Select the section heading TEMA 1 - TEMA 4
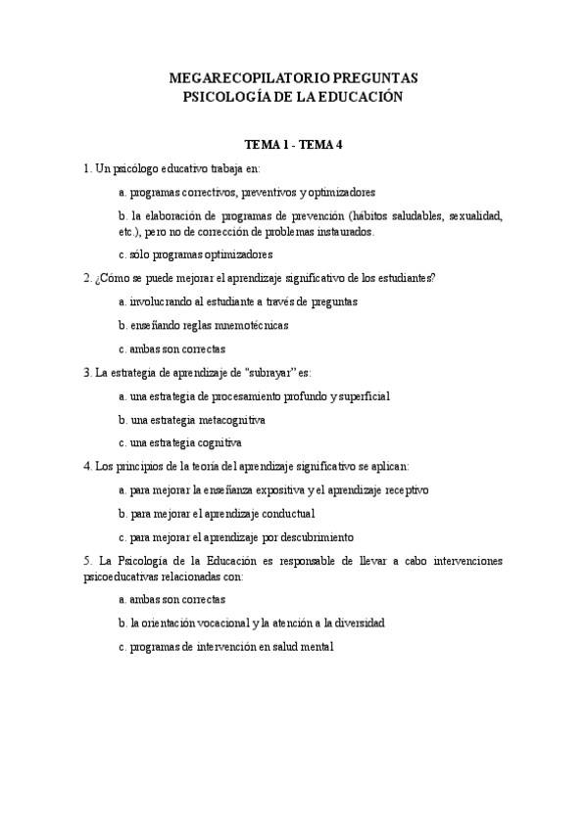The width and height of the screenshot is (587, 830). click(294, 145)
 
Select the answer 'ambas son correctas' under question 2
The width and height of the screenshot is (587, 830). click(171, 348)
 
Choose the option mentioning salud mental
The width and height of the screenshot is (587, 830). click(225, 646)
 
